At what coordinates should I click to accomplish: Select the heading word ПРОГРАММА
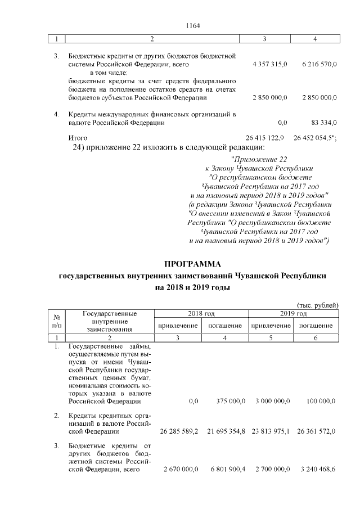(x=193, y=264)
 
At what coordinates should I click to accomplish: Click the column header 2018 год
(x=201, y=313)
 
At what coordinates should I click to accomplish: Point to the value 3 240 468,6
(x=316, y=469)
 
